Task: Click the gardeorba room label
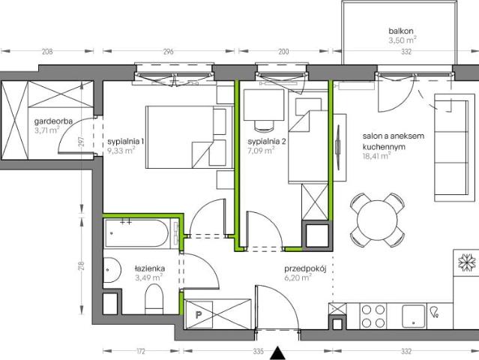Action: (53, 121)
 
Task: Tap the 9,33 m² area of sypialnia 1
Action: (121, 150)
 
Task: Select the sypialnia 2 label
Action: (267, 142)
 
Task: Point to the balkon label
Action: (401, 31)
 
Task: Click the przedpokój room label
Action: (306, 269)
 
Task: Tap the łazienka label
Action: (150, 268)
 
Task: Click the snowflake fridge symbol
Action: (467, 262)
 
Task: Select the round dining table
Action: (377, 219)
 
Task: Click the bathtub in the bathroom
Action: (136, 233)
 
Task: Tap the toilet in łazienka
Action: (154, 299)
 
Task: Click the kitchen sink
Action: (413, 316)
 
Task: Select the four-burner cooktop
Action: (373, 316)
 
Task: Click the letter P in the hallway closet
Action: (199, 315)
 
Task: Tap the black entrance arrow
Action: (277, 353)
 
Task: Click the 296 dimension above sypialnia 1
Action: (169, 51)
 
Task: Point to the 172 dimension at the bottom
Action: (140, 352)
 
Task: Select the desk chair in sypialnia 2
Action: (263, 125)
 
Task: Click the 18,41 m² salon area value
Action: (376, 156)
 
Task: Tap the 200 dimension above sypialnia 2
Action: (283, 51)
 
